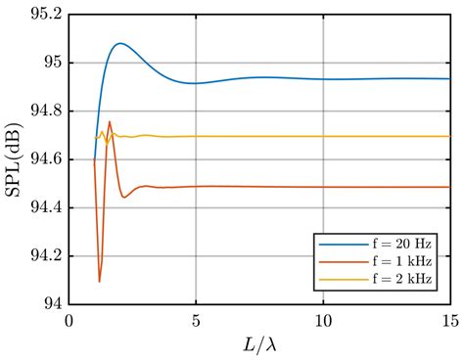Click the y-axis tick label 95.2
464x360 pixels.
click(x=42, y=17)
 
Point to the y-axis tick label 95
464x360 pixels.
click(x=50, y=64)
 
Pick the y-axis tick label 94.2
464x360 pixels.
click(x=42, y=255)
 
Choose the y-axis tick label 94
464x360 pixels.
click(x=50, y=303)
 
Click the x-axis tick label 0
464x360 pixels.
click(x=70, y=319)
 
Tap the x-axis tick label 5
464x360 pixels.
click(x=196, y=319)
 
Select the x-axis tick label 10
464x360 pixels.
click(x=323, y=319)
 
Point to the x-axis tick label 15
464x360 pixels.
click(x=449, y=319)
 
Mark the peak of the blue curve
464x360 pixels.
click(x=119, y=43)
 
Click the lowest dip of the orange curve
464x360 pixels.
click(x=100, y=281)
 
